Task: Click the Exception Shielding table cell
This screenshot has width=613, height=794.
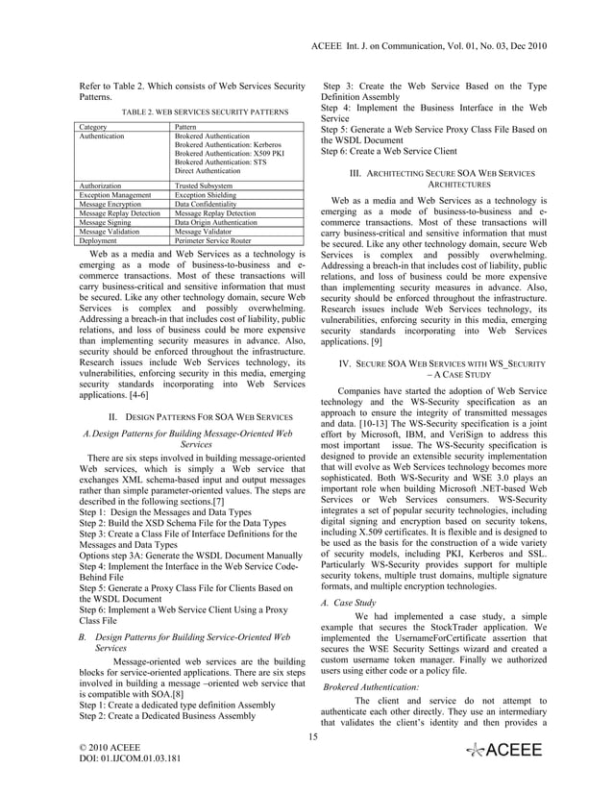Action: point(205,194)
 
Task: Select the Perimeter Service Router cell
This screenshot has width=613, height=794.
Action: point(212,241)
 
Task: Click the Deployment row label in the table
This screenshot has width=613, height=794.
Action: point(99,241)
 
